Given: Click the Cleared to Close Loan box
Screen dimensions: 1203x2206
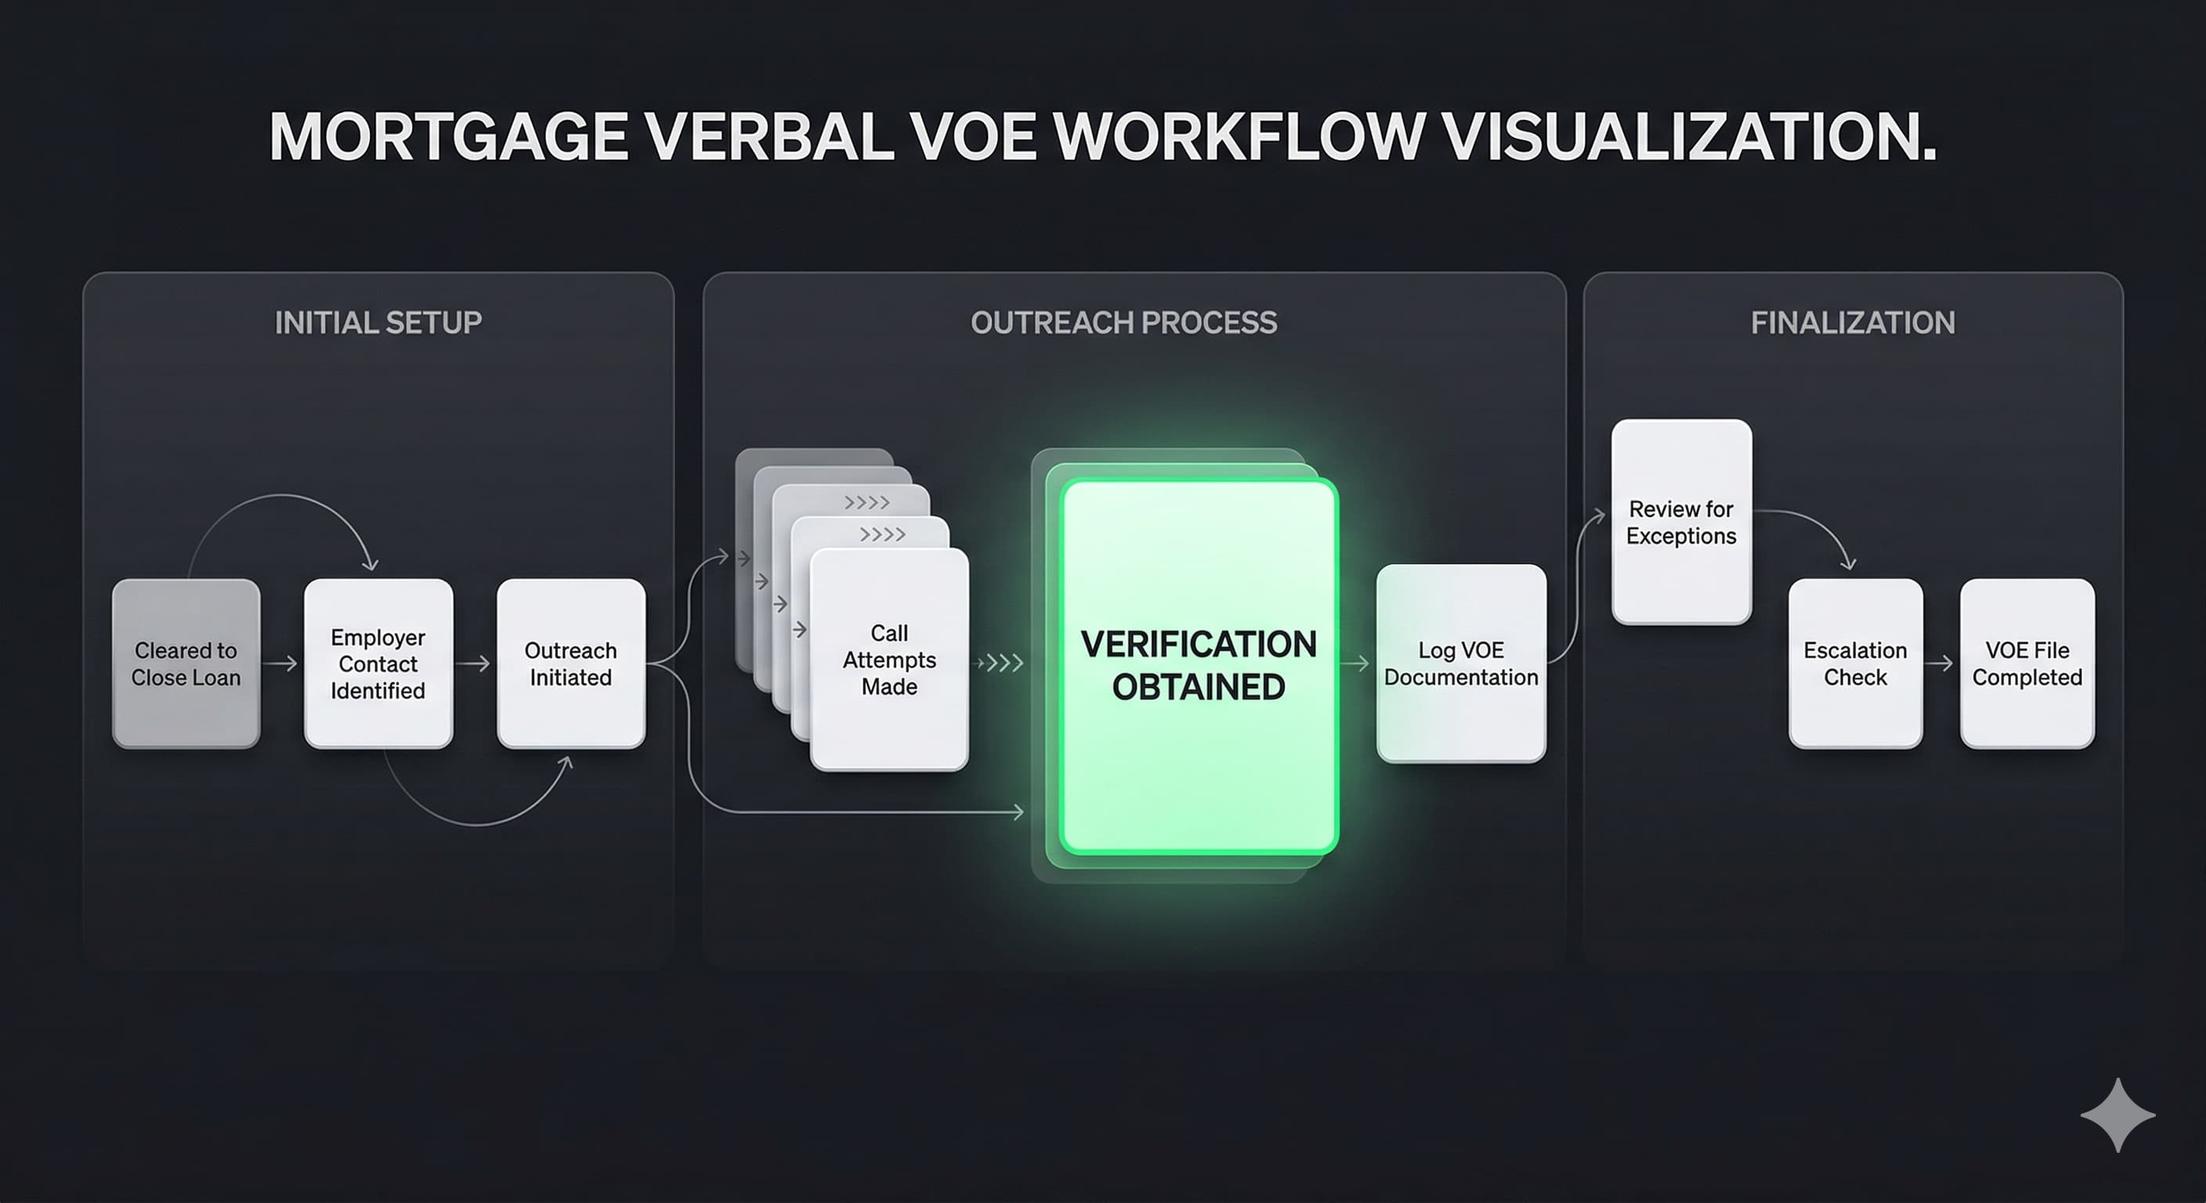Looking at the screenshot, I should [186, 663].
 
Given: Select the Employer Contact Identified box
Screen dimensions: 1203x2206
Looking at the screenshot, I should [378, 663].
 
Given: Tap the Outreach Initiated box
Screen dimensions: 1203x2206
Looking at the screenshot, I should [570, 663].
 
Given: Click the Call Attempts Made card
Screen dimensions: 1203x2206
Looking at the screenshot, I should [889, 659].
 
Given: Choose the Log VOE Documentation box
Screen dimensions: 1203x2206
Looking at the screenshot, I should [1461, 663].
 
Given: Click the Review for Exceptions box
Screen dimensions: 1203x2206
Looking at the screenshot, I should [1681, 522].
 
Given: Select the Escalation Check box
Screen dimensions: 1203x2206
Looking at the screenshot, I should [1855, 663].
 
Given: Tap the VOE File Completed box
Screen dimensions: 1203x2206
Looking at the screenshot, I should [2027, 663].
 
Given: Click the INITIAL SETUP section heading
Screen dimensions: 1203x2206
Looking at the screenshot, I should [378, 323].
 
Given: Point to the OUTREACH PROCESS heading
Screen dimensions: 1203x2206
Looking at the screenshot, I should [1123, 323].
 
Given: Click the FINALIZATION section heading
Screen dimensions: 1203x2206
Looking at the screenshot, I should [1853, 323].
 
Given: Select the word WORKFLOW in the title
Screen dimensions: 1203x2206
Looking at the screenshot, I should [1239, 136].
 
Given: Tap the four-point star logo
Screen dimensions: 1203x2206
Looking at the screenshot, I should [2117, 1114].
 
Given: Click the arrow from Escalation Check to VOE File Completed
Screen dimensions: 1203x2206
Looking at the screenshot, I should [1940, 663].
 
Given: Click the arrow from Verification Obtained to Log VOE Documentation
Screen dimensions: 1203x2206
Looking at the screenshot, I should [1355, 663].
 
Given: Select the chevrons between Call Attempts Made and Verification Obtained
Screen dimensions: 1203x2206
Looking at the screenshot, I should [1000, 663].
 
